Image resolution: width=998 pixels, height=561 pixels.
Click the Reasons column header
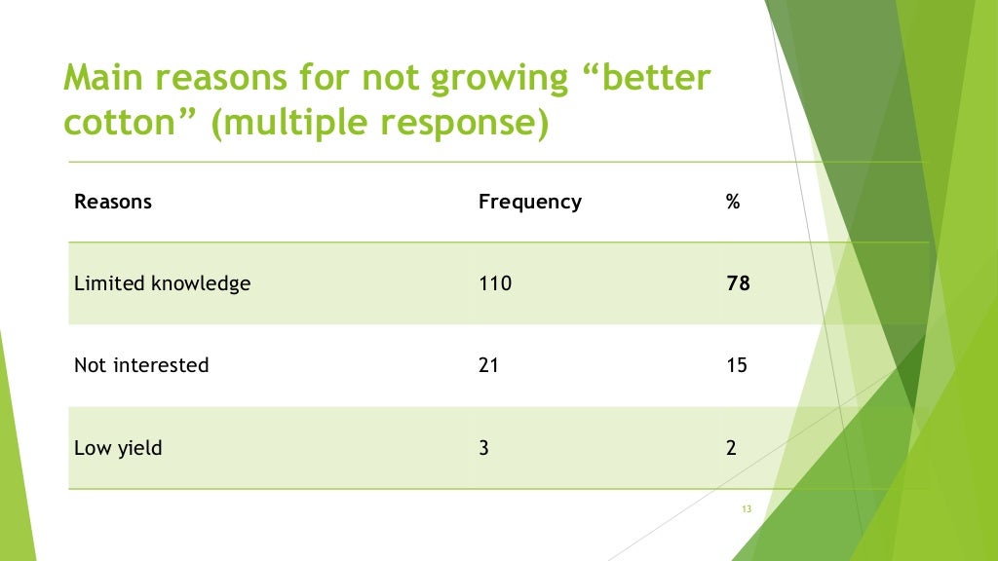(x=113, y=202)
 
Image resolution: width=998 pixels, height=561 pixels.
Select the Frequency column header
(x=529, y=202)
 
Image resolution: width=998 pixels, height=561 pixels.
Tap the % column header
(x=733, y=202)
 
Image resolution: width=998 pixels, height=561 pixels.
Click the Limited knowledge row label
(x=162, y=283)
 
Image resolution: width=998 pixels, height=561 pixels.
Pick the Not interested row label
(x=141, y=365)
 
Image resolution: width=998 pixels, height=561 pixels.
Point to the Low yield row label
(x=118, y=449)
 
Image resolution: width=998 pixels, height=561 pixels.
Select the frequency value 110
(x=495, y=283)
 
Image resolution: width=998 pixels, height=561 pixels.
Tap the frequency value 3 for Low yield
(x=484, y=449)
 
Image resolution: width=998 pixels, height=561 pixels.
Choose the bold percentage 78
(x=738, y=283)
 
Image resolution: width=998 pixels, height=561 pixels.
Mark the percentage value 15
(x=737, y=365)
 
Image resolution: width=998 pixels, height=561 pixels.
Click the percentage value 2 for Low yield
(x=731, y=449)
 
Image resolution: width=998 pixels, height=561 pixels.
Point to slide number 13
(x=748, y=509)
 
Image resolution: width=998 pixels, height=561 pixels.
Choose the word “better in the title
(x=645, y=78)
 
